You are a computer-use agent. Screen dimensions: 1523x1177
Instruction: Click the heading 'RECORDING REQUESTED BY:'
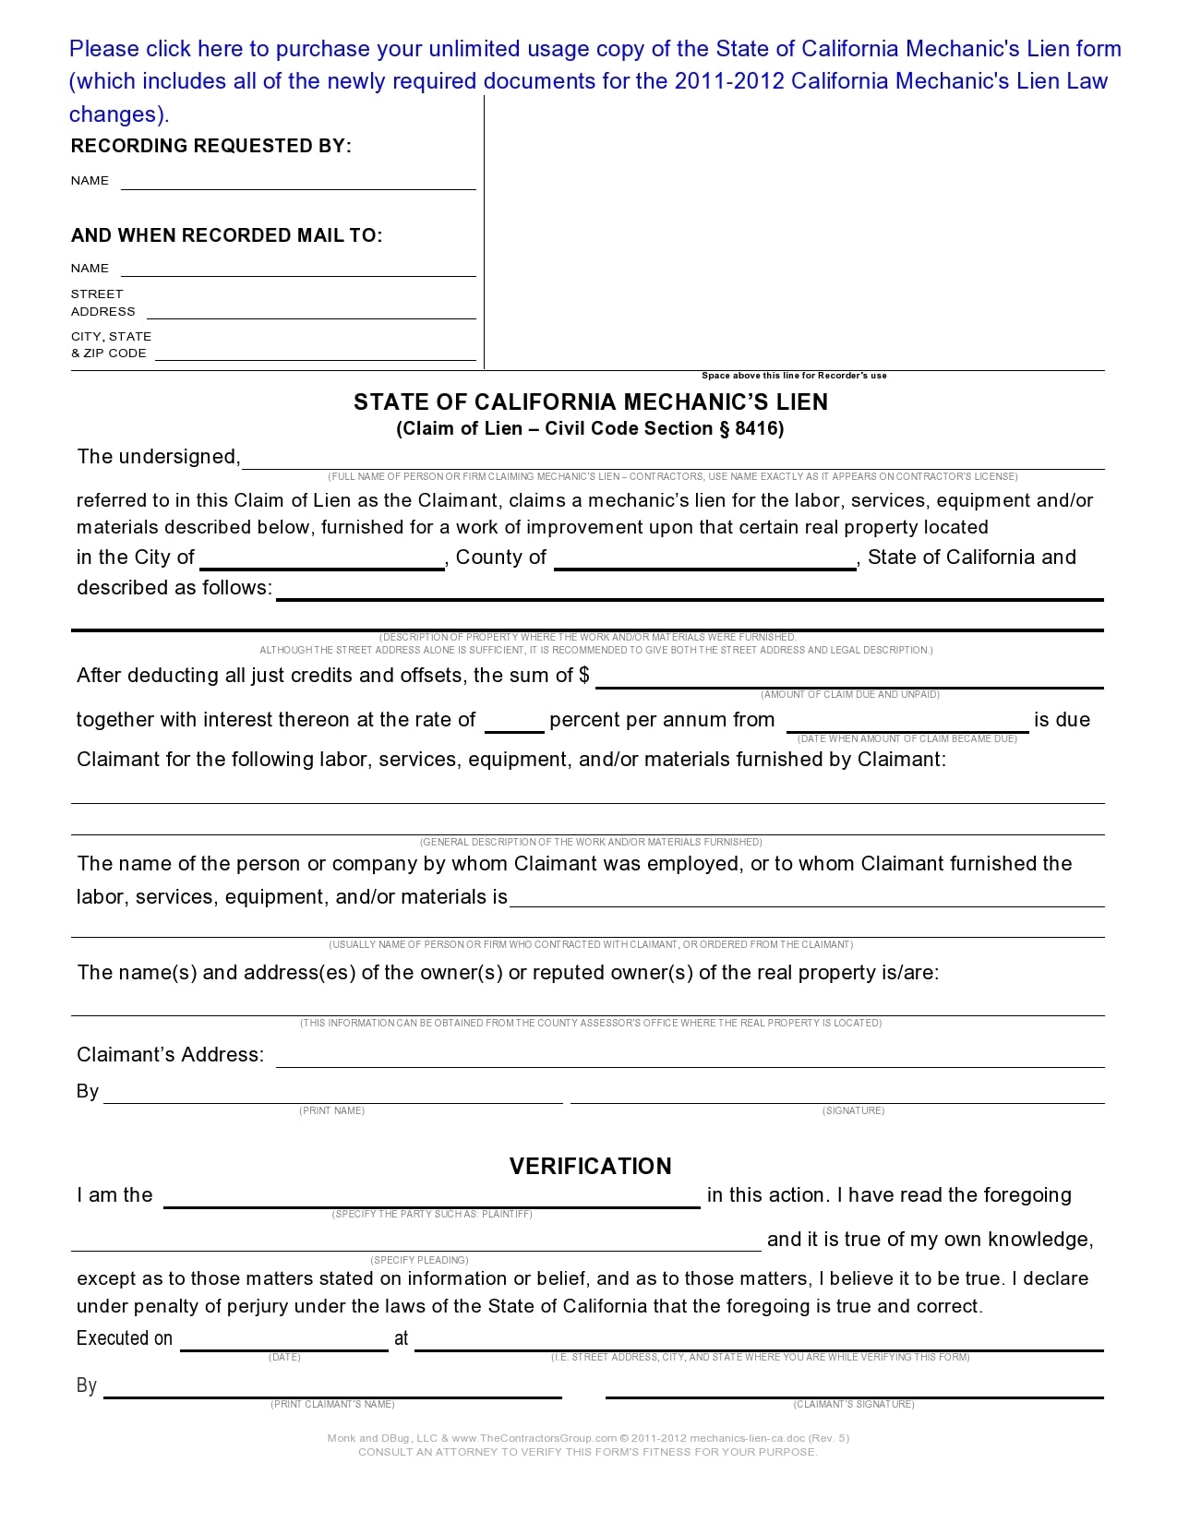211,146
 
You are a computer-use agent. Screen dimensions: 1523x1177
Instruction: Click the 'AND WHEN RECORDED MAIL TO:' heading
226,235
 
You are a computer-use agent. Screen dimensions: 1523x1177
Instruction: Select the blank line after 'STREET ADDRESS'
311,314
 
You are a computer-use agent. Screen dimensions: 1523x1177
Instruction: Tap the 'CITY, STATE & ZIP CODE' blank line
315,355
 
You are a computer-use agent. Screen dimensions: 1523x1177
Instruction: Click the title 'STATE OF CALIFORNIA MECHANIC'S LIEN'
591,402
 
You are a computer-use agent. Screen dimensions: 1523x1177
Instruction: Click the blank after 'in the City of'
322,563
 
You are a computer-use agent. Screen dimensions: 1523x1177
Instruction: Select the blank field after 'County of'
705,563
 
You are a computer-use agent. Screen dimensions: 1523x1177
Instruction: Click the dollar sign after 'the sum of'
584,675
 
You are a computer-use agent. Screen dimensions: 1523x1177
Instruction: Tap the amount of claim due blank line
849,681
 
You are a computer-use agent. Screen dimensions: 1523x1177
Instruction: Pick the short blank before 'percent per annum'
514,726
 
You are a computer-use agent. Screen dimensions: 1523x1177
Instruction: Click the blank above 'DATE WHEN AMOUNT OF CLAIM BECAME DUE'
907,726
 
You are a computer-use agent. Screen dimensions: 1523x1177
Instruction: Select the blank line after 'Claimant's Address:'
690,1061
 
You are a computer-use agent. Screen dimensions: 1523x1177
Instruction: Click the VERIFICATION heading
591,1166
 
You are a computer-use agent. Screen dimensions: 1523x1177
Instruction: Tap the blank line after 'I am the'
432,1202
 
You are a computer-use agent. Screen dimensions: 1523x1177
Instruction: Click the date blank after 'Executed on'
284,1345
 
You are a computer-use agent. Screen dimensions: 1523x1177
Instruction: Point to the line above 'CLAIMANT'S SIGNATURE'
854,1392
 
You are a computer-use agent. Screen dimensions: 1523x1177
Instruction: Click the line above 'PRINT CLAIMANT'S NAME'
332,1392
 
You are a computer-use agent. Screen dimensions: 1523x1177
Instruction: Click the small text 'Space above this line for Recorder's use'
794,376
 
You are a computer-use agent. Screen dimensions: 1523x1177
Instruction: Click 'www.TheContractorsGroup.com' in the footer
534,1437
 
